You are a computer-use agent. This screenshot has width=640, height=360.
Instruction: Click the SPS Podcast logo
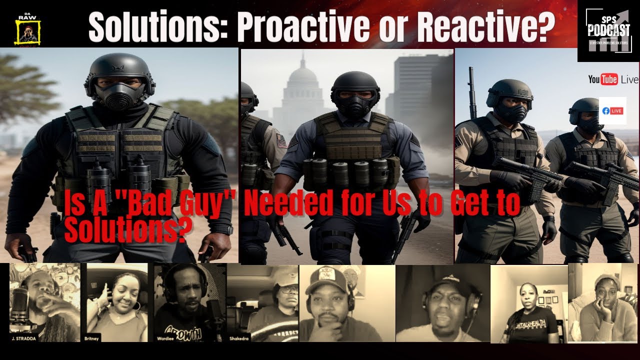(608, 31)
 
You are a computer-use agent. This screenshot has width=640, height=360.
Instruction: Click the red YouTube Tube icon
(609, 79)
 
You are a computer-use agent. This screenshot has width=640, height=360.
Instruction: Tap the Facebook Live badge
(612, 110)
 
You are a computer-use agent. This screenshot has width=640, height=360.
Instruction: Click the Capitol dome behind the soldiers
(303, 80)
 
